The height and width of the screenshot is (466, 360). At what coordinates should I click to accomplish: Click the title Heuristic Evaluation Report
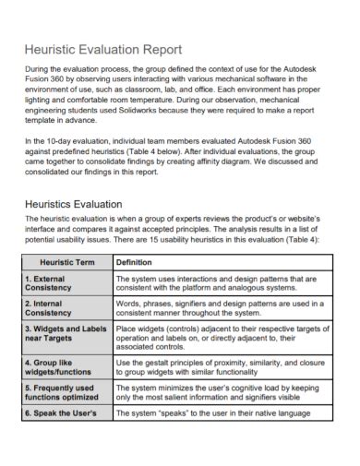[x=102, y=49]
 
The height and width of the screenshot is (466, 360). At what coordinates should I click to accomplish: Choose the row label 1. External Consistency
[x=54, y=284]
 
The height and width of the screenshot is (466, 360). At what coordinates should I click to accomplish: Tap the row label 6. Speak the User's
[x=60, y=413]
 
